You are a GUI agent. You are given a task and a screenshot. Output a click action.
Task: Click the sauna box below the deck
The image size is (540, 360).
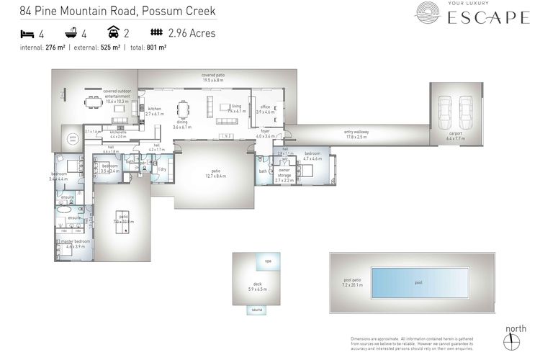(x=256, y=310)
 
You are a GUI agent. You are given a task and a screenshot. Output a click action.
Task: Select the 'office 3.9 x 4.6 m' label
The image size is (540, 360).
(x=265, y=109)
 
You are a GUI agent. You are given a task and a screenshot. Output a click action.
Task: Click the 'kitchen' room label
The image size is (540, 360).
(x=155, y=110)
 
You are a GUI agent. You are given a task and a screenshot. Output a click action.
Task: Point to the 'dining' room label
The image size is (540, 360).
(x=182, y=124)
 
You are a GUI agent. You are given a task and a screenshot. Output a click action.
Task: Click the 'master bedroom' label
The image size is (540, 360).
(x=76, y=243)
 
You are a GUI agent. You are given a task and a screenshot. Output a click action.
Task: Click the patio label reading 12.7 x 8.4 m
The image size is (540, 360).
(x=215, y=173)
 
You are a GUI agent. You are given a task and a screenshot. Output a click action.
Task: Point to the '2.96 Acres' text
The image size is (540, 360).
(x=191, y=33)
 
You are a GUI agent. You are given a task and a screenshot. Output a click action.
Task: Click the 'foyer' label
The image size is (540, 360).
(x=266, y=132)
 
